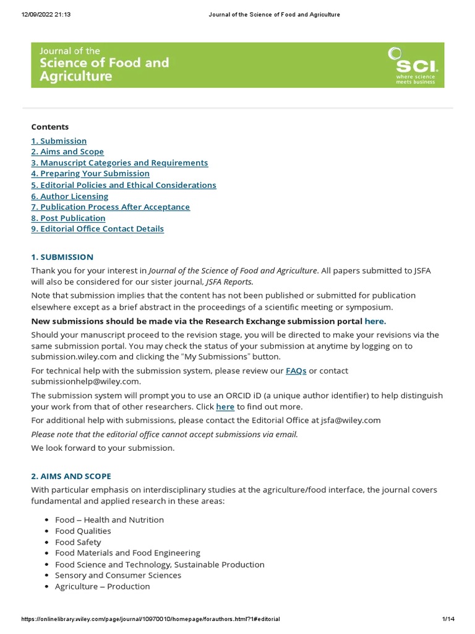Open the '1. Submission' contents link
(x=59, y=141)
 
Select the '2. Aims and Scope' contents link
(x=67, y=152)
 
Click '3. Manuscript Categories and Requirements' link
(x=119, y=163)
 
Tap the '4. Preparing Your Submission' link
(x=90, y=174)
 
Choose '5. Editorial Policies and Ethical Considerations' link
(x=124, y=185)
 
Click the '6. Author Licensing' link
(x=70, y=196)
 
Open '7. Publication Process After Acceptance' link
(x=111, y=207)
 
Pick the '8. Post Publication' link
(x=68, y=218)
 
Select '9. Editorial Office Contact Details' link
(x=98, y=229)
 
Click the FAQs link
(x=296, y=371)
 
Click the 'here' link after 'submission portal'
(x=374, y=321)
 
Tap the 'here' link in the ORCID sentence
(x=225, y=407)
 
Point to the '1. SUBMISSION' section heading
(x=62, y=257)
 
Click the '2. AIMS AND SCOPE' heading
(x=71, y=476)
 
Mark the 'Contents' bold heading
(x=50, y=127)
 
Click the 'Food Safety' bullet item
(x=78, y=542)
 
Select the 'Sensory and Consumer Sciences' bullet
(x=118, y=575)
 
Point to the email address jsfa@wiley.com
(x=351, y=420)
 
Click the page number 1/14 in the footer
(x=448, y=619)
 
